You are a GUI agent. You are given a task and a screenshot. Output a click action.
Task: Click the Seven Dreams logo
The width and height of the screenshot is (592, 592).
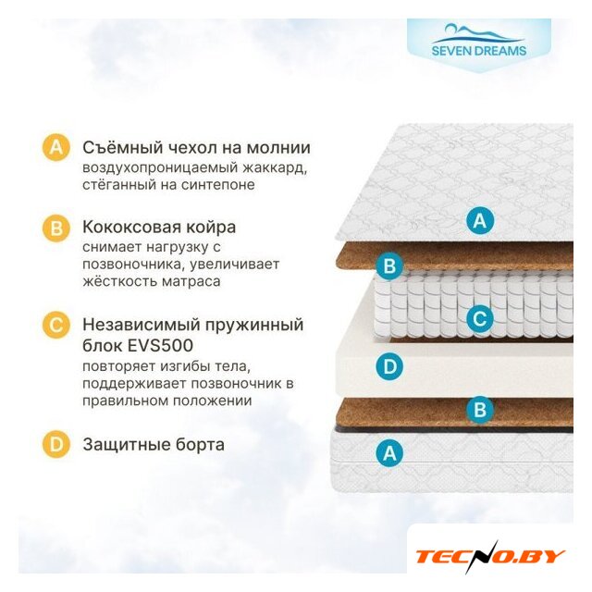point(479,41)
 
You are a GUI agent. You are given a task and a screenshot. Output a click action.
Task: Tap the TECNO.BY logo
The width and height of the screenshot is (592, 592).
point(490,557)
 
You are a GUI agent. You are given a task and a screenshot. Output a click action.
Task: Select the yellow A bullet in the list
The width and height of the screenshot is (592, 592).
point(56,147)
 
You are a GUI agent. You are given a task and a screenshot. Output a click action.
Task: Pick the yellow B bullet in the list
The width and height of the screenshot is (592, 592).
point(56,228)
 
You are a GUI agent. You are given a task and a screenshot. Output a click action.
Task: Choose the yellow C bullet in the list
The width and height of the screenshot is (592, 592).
point(56,325)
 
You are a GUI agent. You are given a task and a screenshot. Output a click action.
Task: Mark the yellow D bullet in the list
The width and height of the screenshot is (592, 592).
point(56,444)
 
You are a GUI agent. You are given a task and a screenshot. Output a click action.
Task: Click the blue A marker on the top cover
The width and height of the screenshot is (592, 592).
point(480,220)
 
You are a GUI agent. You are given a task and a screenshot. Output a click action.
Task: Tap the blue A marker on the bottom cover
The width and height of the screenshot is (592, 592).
point(389,452)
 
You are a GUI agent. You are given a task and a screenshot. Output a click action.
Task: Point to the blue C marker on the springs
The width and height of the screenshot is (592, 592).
point(480,319)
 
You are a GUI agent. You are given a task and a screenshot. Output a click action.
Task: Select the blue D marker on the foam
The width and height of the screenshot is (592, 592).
point(389,366)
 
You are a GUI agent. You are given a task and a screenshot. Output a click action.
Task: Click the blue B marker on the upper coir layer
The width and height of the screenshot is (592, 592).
point(389,265)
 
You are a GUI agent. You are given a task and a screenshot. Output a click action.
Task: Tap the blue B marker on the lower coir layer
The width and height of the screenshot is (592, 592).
point(480,409)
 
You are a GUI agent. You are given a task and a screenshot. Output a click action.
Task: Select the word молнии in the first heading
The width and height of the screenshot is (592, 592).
point(278,148)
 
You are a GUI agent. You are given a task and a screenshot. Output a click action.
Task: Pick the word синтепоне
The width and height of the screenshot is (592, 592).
point(218,185)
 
